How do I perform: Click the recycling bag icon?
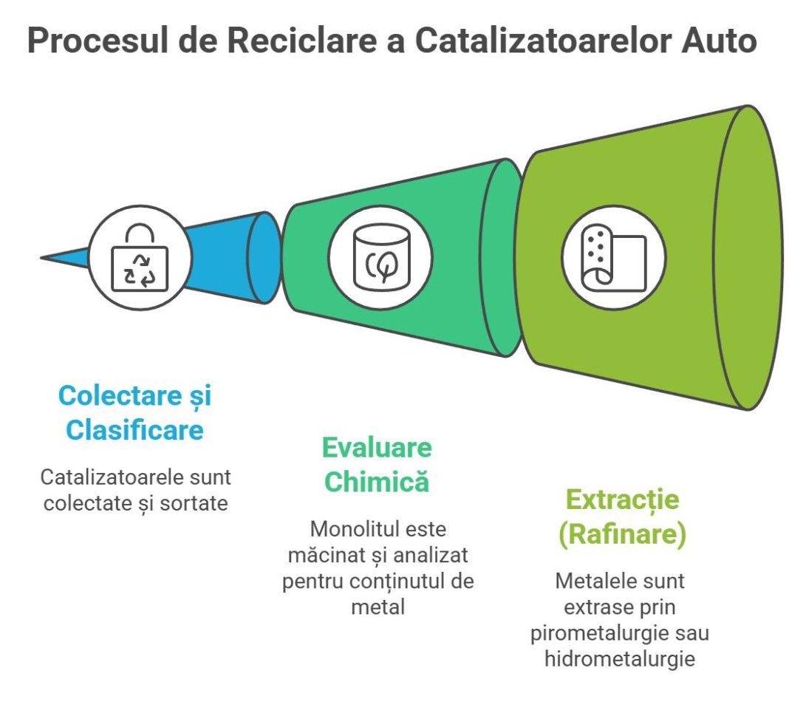point(140,258)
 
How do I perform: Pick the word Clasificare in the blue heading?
point(135,429)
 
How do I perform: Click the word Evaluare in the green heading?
point(377,448)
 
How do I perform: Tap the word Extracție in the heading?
point(622,500)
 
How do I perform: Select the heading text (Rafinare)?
point(622,534)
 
